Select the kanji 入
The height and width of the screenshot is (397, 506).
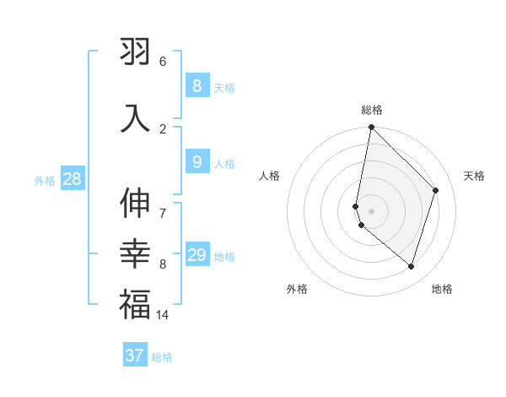(x=135, y=117)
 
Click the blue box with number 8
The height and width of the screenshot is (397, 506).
(x=196, y=85)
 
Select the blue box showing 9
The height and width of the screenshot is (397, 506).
(x=196, y=161)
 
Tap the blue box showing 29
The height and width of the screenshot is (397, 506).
(x=196, y=255)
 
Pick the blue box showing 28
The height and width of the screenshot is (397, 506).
(x=72, y=179)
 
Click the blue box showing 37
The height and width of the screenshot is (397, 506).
(x=134, y=356)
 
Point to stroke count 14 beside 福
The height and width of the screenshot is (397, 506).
(x=163, y=315)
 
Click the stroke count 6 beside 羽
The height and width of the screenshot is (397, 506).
(x=163, y=62)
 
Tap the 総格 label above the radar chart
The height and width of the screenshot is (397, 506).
(x=372, y=110)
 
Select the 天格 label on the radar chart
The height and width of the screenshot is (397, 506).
(x=474, y=176)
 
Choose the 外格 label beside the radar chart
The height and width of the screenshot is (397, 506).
(x=297, y=289)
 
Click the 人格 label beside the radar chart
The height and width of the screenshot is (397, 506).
(x=270, y=176)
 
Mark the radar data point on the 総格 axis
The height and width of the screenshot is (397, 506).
(x=371, y=127)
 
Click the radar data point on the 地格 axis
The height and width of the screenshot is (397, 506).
(x=411, y=267)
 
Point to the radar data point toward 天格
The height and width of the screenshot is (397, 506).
(x=436, y=190)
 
